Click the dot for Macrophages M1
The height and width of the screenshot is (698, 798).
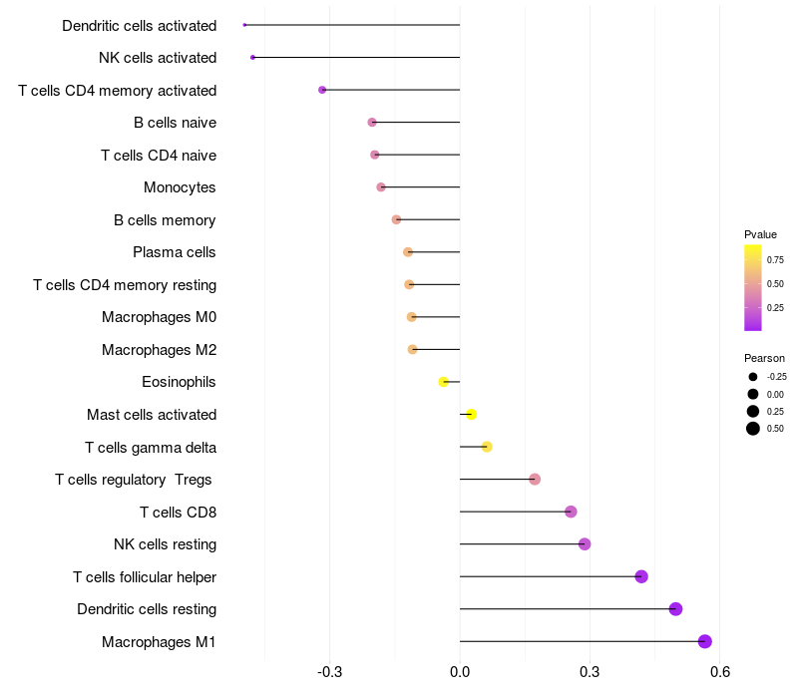[705, 642]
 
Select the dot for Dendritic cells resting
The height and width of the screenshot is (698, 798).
[675, 609]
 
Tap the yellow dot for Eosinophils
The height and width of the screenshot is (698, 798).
[444, 382]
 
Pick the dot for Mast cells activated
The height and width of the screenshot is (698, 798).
[471, 415]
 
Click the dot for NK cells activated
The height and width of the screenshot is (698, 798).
[252, 58]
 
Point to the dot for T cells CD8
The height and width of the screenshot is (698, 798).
[571, 512]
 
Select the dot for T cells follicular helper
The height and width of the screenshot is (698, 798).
[641, 576]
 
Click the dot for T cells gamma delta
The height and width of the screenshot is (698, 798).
[487, 447]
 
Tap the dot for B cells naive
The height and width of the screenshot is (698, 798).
[372, 123]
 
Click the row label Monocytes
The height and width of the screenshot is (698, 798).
[180, 187]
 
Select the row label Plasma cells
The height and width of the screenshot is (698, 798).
[175, 252]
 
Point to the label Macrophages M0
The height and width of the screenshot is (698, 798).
[159, 317]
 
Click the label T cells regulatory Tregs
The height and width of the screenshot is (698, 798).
[134, 480]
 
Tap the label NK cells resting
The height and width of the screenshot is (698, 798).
[165, 544]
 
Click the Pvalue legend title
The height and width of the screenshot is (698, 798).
[760, 234]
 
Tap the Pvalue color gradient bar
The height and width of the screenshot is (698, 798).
[753, 287]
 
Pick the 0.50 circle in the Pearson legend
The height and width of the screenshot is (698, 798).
[753, 429]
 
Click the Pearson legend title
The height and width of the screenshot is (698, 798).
[764, 358]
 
